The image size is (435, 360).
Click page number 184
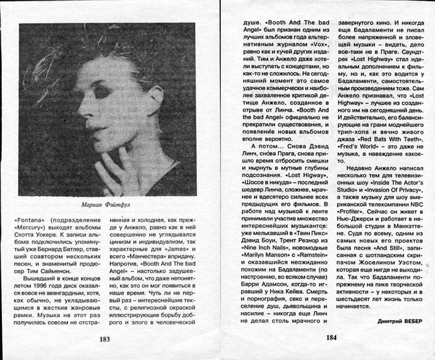tap(332, 337)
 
